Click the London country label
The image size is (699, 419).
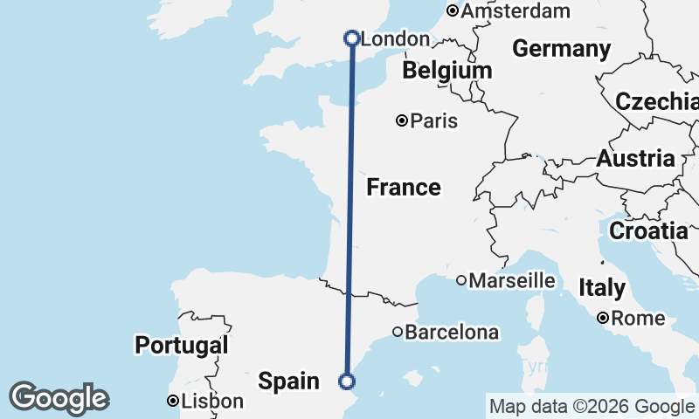pyautogui.click(x=395, y=39)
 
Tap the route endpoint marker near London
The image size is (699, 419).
pyautogui.click(x=352, y=38)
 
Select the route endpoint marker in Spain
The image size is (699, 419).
pyautogui.click(x=347, y=381)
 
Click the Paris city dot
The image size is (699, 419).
pyautogui.click(x=402, y=120)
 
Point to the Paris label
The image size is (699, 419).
pyautogui.click(x=434, y=120)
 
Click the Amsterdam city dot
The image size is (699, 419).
pyautogui.click(x=453, y=11)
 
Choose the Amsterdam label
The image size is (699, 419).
pyautogui.click(x=516, y=11)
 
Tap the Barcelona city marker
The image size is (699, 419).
pyautogui.click(x=398, y=332)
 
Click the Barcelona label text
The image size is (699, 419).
pyautogui.click(x=452, y=333)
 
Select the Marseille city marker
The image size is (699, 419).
pyautogui.click(x=461, y=280)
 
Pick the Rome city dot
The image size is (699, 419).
pyautogui.click(x=603, y=319)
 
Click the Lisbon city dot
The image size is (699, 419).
pyautogui.click(x=173, y=402)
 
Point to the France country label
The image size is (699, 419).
pyautogui.click(x=403, y=187)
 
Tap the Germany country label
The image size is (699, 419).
pyautogui.click(x=561, y=49)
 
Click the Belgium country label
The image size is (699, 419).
pyautogui.click(x=447, y=70)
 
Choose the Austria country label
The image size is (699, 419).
pyautogui.click(x=635, y=159)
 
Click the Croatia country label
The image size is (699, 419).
pyautogui.click(x=648, y=231)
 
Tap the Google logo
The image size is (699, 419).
pyautogui.click(x=59, y=398)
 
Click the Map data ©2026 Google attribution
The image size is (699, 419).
pyautogui.click(x=591, y=406)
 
